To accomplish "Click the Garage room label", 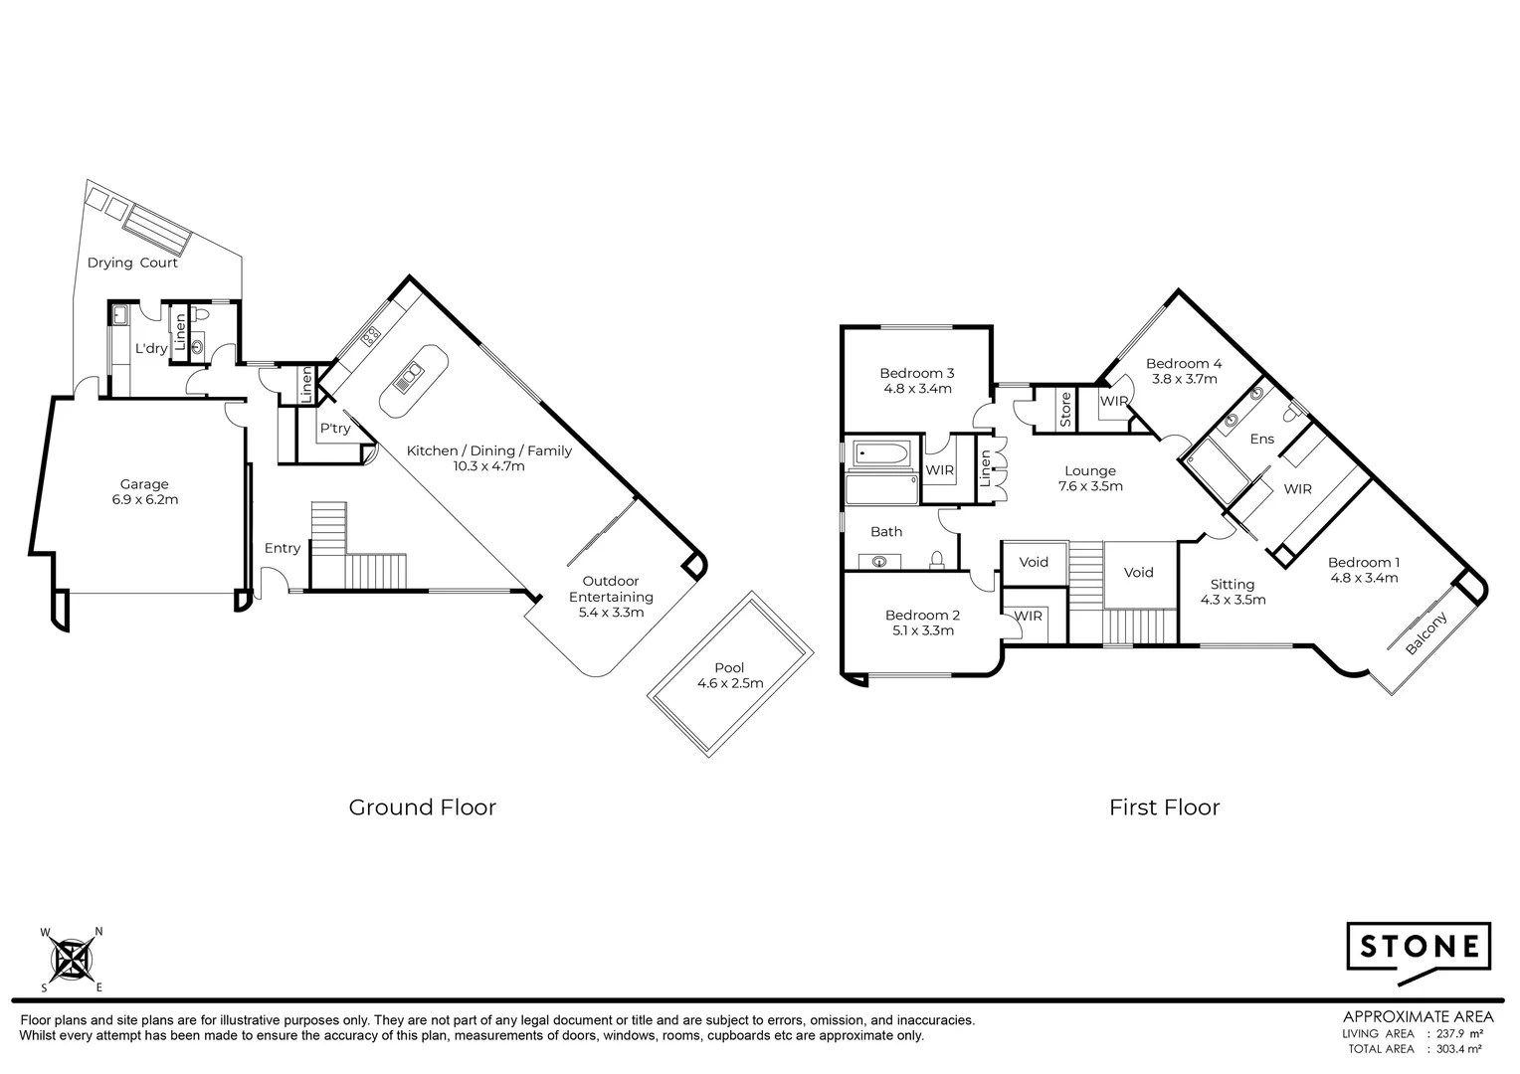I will [x=144, y=484].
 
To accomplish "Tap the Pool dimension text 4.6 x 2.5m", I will [x=729, y=683].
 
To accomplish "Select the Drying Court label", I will [x=132, y=264].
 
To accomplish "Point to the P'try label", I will [x=334, y=429].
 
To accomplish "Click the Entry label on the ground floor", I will [x=283, y=548].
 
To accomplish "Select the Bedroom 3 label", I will [x=916, y=374].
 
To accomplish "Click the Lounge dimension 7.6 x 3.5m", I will [x=1090, y=486].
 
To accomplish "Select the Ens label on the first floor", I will [x=1261, y=439].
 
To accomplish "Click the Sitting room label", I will [x=1232, y=585].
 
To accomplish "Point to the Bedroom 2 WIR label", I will [x=1029, y=617].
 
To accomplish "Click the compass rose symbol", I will [x=72, y=960].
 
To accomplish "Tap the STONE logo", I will [x=1419, y=947].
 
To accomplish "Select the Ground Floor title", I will [x=422, y=806].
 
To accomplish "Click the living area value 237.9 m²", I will [x=1453, y=1033].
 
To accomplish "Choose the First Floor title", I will [x=1164, y=806].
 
